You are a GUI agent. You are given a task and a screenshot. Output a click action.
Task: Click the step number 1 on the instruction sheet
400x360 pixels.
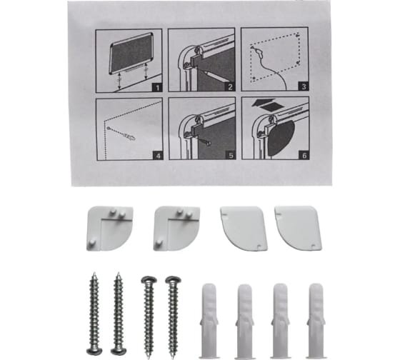(157, 88)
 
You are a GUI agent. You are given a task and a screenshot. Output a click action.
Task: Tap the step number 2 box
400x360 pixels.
(230, 87)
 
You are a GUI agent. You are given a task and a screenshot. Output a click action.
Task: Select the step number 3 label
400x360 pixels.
(304, 86)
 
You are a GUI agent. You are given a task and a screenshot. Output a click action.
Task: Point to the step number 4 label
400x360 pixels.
(158, 156)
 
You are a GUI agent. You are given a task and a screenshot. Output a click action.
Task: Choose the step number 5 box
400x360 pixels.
(231, 155)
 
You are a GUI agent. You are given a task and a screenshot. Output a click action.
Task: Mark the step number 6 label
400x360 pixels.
(304, 155)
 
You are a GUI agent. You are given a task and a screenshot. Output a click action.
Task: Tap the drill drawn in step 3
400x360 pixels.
(259, 52)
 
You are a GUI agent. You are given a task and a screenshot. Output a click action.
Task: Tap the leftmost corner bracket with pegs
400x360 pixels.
(110, 229)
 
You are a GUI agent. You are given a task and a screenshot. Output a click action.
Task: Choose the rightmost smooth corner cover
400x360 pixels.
(298, 228)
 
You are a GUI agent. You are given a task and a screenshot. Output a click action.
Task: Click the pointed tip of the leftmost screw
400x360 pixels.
(94, 273)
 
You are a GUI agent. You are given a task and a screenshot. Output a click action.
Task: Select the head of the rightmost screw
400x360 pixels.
(173, 280)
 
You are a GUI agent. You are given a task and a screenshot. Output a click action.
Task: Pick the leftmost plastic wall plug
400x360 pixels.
(209, 320)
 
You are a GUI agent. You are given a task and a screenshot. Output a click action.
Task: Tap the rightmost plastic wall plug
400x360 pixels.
(316, 321)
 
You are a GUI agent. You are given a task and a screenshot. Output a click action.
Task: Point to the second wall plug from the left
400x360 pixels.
(244, 321)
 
